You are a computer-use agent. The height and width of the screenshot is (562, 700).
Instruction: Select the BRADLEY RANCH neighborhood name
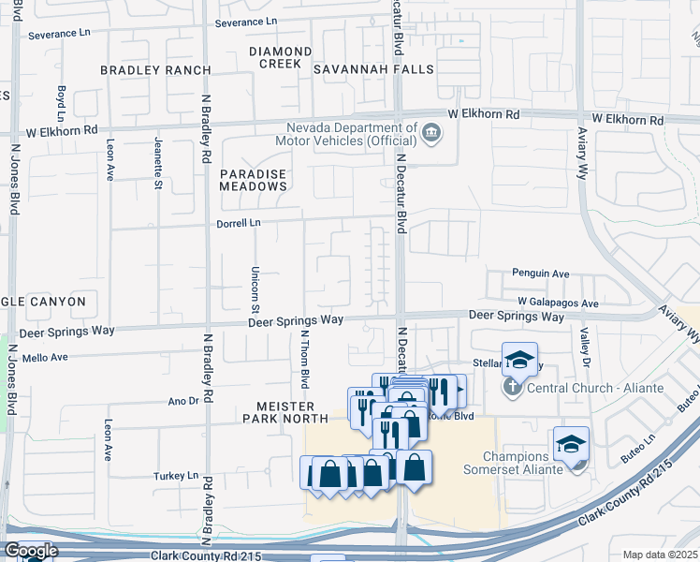(155, 70)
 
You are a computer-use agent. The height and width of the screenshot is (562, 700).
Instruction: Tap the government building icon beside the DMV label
(430, 131)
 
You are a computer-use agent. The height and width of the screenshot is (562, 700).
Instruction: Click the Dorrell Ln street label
(241, 223)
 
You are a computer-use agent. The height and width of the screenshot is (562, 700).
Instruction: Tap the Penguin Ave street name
(540, 274)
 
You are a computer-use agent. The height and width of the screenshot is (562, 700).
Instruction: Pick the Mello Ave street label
(46, 357)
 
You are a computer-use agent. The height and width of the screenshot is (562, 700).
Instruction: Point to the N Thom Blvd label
(304, 360)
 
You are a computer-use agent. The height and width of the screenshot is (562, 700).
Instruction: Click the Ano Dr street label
(182, 400)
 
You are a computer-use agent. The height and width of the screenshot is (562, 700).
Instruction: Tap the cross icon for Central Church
(513, 387)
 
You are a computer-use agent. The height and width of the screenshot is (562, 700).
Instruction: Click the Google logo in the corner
(31, 551)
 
